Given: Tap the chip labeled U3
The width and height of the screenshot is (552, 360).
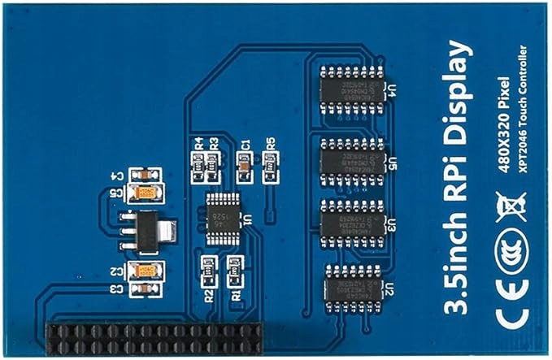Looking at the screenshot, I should pyautogui.click(x=350, y=222).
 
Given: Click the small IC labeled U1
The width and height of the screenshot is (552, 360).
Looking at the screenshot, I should pyautogui.click(x=221, y=217).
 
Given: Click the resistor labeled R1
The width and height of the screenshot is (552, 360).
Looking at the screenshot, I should pyautogui.click(x=235, y=267).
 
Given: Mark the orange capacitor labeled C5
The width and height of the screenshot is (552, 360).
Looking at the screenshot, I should pyautogui.click(x=149, y=193).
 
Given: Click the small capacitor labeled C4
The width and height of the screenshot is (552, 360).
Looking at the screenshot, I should pyautogui.click(x=144, y=175).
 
